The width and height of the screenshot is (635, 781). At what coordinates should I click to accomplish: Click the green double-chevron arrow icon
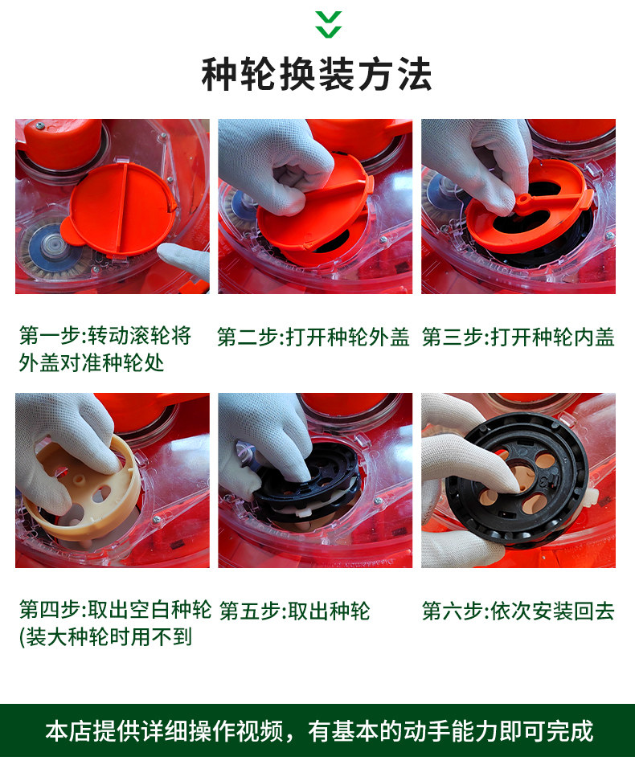[x=329, y=24]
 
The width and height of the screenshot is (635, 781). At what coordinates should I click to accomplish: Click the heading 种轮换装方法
[x=317, y=74]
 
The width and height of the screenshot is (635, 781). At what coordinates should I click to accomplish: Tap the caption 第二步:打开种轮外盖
[x=313, y=337]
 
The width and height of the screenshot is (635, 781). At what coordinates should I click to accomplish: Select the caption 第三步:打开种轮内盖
[x=518, y=337]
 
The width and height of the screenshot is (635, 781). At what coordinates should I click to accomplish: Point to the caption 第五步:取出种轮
[x=294, y=611]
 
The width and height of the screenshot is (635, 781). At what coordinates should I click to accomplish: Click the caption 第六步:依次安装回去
[x=518, y=611]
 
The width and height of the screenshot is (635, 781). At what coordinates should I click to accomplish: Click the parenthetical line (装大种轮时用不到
[x=105, y=637]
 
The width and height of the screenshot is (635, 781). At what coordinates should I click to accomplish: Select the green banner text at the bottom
[x=319, y=731]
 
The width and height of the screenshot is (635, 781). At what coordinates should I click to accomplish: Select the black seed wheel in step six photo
[x=516, y=477]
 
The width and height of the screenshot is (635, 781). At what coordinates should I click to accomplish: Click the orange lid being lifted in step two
[x=314, y=209]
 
